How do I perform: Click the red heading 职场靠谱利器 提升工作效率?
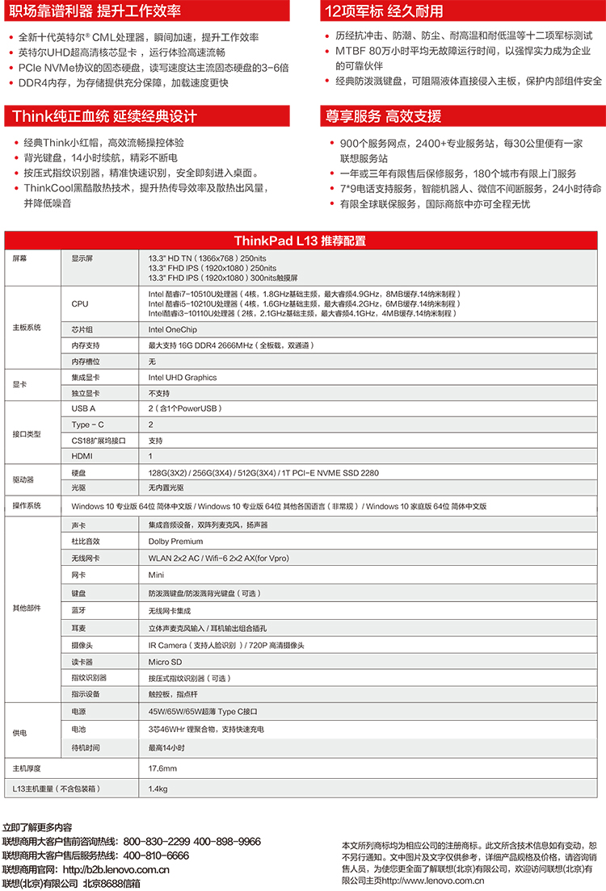pyautogui.click(x=96, y=11)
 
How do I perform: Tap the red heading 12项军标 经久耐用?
pyautogui.click(x=383, y=11)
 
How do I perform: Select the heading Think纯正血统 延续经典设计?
pyautogui.click(x=104, y=116)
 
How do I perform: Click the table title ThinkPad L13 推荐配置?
pyautogui.click(x=300, y=241)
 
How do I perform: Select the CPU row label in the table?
pyautogui.click(x=80, y=303)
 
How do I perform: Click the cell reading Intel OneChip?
pyautogui.click(x=173, y=329)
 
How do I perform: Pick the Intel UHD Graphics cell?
pyautogui.click(x=183, y=377)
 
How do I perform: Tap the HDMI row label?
pyautogui.click(x=82, y=456)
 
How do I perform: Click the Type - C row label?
pyautogui.click(x=87, y=425)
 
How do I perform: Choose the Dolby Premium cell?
pyautogui.click(x=175, y=542)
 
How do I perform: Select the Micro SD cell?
pyautogui.click(x=165, y=661)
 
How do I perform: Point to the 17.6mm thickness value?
pyautogui.click(x=162, y=768)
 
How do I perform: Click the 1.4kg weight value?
pyautogui.click(x=158, y=789)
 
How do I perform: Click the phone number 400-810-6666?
pyautogui.click(x=156, y=855)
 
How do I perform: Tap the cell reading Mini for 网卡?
pyautogui.click(x=156, y=575)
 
